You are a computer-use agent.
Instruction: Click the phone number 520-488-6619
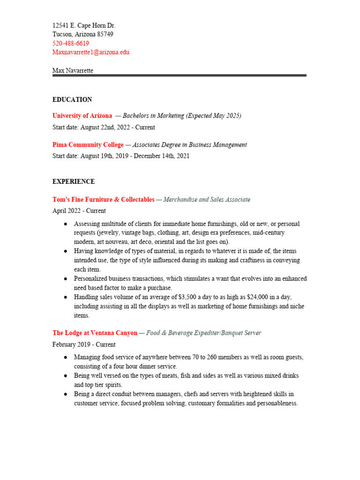point(71,43)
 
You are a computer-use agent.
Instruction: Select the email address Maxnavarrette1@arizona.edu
point(91,52)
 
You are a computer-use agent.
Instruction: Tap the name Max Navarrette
point(73,70)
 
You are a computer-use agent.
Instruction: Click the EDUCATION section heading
point(72,99)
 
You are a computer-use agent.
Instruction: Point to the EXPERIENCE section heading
point(74,181)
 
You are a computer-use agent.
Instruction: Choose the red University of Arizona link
point(82,115)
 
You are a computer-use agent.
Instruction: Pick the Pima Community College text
point(88,145)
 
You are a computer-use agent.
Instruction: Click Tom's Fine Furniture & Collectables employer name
point(103,200)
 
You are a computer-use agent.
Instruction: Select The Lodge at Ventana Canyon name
point(95,333)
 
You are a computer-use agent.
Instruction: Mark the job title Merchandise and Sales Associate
point(207,200)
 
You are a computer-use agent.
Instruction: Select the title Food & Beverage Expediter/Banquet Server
point(203,333)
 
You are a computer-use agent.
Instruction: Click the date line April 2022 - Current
point(79,211)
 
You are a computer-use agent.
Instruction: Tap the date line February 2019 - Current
point(84,344)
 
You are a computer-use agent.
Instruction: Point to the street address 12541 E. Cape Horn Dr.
point(84,25)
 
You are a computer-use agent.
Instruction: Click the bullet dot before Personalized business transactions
point(66,279)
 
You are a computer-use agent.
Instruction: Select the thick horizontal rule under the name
point(180,75)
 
